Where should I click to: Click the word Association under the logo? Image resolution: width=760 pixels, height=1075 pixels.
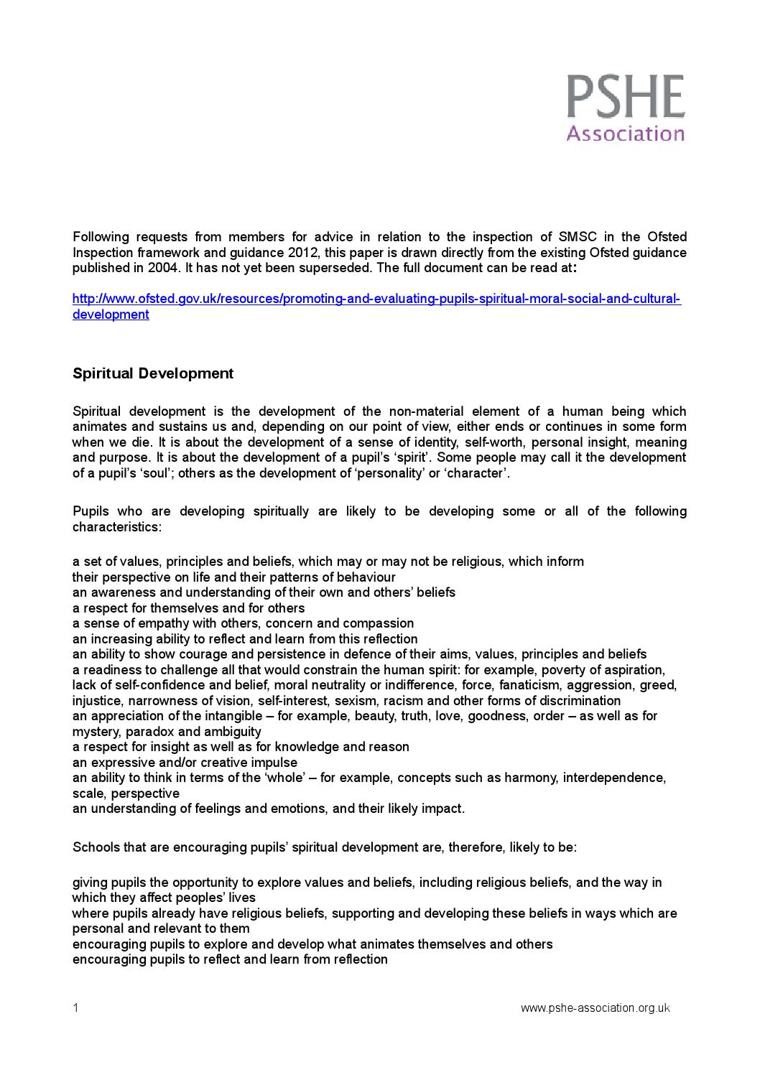(625, 134)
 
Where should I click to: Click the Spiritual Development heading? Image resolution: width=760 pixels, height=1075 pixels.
(153, 373)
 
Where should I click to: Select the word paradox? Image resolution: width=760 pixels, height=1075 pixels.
(149, 732)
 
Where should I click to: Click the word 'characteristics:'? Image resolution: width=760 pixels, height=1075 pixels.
(117, 527)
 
